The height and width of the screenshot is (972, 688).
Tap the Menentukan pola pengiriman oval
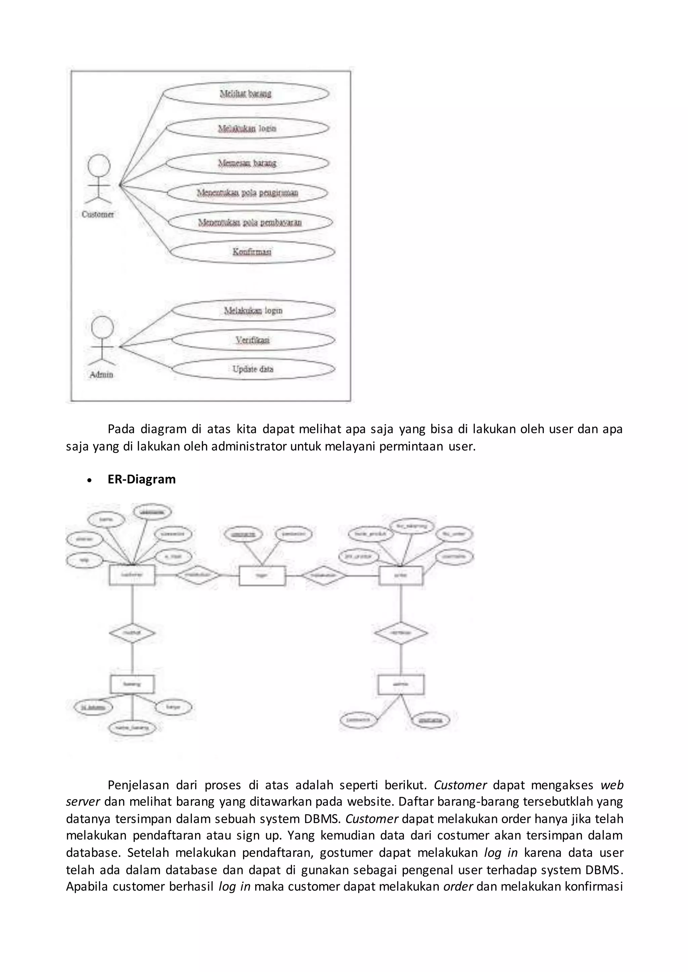[247, 193]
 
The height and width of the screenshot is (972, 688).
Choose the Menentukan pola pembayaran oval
[250, 222]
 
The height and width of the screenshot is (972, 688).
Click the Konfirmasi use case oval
[252, 252]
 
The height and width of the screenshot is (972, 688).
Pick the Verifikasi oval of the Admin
[253, 340]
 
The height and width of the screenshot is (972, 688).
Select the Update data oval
[253, 369]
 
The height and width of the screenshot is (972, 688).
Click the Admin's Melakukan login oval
[253, 311]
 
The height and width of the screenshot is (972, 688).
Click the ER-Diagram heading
[141, 479]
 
